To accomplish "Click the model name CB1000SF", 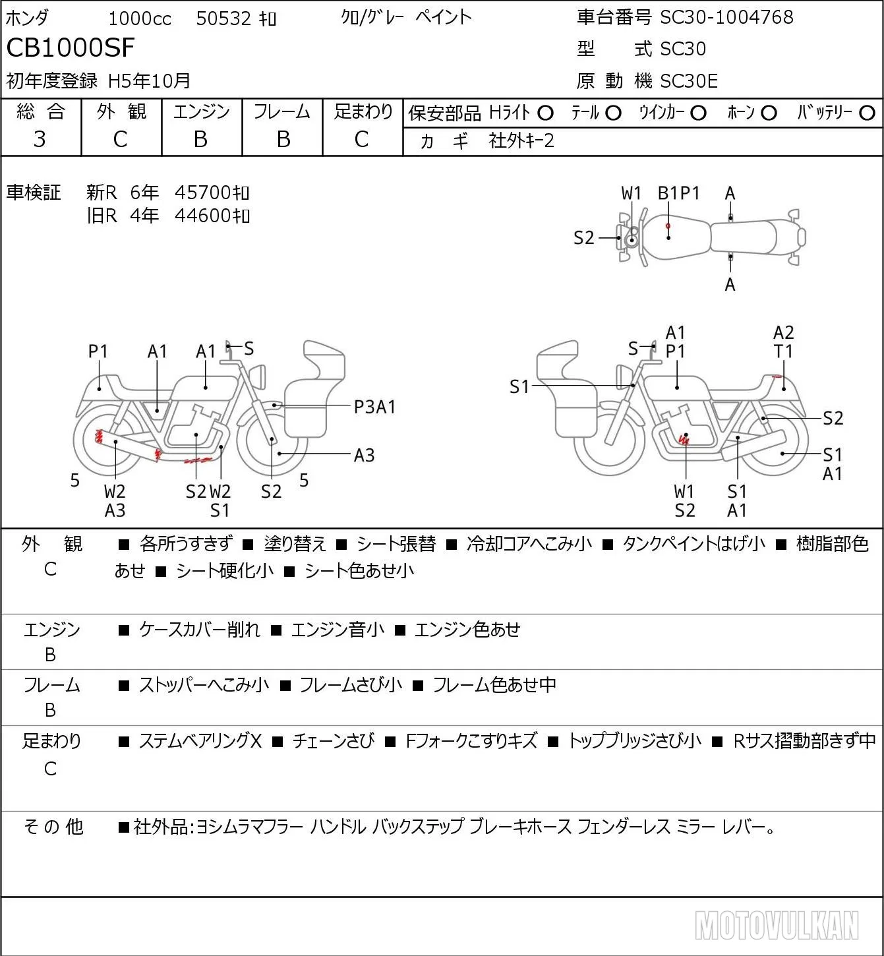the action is click(71, 47).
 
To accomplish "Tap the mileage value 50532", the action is click(223, 18).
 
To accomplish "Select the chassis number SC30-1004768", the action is click(726, 17).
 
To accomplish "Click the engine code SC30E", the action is click(689, 81).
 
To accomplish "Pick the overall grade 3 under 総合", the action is click(40, 139).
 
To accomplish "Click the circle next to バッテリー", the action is click(867, 113).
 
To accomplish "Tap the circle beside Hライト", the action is click(545, 113).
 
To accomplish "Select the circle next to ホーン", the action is click(769, 113).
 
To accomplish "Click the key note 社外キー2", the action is click(521, 140).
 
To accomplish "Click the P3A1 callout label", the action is click(374, 407).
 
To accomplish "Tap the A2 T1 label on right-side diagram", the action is click(783, 342).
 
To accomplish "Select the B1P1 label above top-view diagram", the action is click(678, 193).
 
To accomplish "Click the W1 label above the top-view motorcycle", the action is click(631, 193).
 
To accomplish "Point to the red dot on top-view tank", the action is click(668, 225).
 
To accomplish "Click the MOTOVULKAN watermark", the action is click(777, 925).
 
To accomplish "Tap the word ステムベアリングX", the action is click(200, 741).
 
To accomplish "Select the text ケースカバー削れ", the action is click(199, 630).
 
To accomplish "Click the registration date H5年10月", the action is click(149, 81).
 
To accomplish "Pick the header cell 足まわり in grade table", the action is click(363, 111).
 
